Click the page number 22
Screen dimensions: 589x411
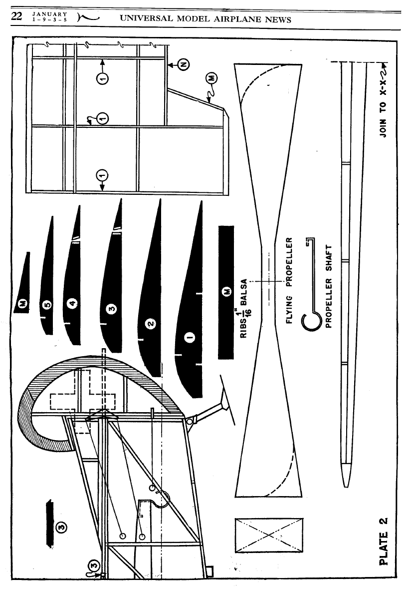pos(15,17)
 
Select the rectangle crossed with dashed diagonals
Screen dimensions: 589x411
pos(269,535)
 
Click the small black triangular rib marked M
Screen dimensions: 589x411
pos(23,290)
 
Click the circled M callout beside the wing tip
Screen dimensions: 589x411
pos(211,78)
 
